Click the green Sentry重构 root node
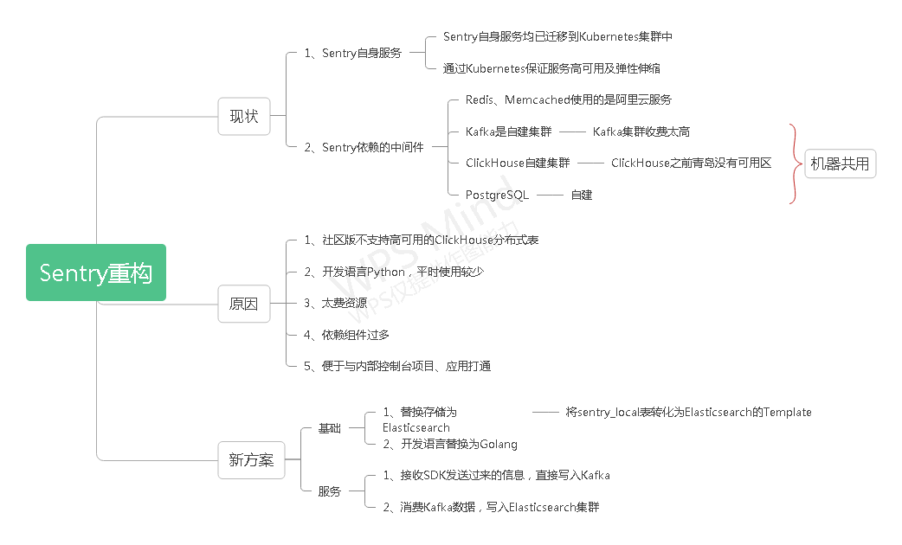pos(95,272)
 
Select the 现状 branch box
pos(243,116)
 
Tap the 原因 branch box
pos(243,304)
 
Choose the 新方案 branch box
pos(251,460)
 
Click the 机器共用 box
pos(840,163)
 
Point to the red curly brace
pos(793,163)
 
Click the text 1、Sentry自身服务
pos(352,53)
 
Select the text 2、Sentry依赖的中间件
pos(364,147)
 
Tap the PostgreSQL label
pos(497,195)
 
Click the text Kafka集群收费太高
pos(641,131)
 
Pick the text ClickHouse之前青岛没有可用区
pos(691,163)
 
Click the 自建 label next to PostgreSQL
pos(581,195)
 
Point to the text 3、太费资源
pos(335,303)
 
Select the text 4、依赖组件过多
pos(340,335)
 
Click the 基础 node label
pos(329,428)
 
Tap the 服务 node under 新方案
pos(329,491)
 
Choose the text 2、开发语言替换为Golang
pos(450,444)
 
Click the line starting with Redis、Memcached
pos(568,100)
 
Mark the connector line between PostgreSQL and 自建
pos(550,195)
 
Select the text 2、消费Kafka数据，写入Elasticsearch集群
pos(491,507)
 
